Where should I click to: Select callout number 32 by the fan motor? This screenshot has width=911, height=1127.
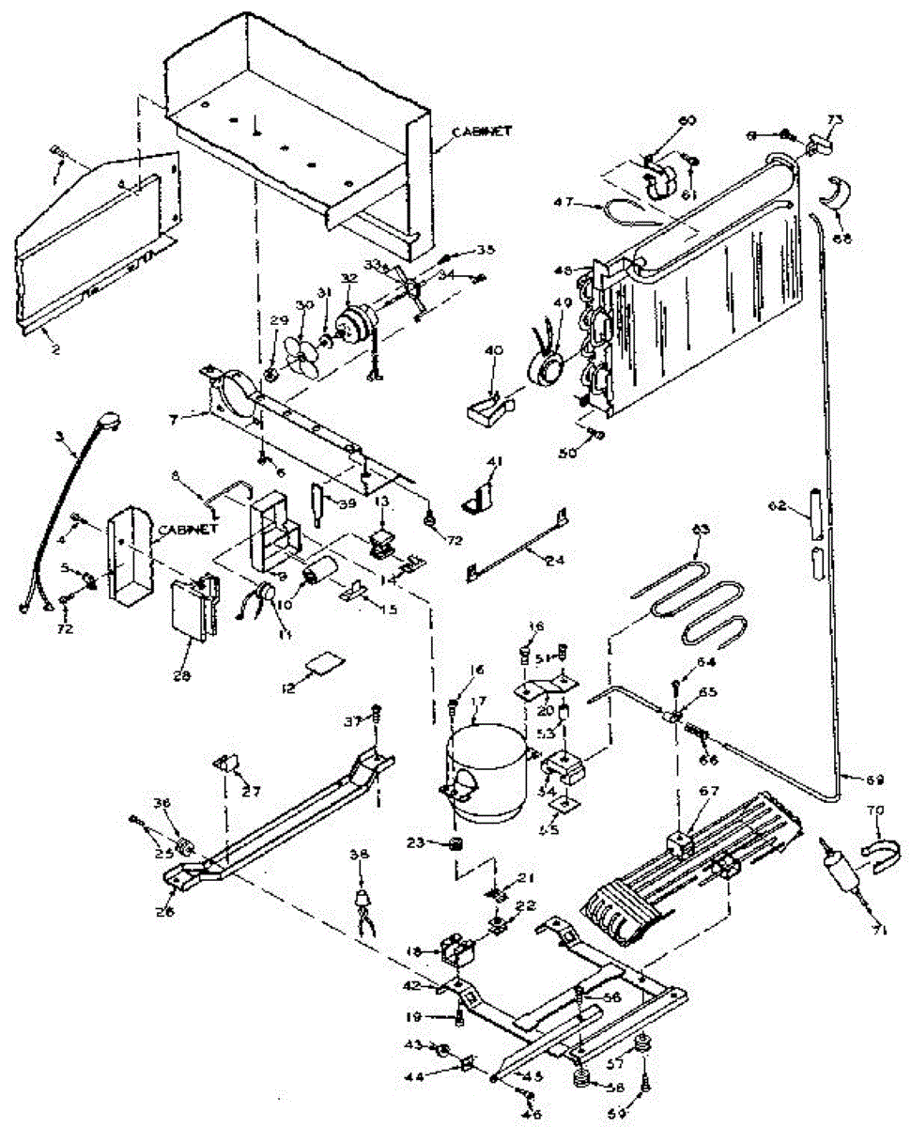tap(348, 279)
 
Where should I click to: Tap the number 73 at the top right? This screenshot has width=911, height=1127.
tap(835, 119)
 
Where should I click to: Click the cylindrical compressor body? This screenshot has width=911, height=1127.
tap(488, 775)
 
